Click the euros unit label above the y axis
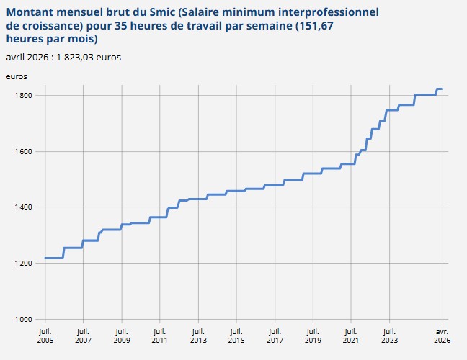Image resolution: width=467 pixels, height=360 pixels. point(17,76)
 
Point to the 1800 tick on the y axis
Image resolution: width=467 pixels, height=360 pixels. point(25,96)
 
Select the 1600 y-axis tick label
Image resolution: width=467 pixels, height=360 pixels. point(25,152)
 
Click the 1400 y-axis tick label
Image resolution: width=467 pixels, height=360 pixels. point(25,207)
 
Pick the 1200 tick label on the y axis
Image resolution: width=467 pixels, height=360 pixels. point(25,264)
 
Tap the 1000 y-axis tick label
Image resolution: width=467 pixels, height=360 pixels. point(25,319)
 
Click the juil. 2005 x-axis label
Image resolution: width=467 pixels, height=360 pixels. point(45,335)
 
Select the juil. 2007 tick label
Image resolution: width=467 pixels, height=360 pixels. point(83,335)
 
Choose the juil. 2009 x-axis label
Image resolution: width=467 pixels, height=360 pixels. point(121,335)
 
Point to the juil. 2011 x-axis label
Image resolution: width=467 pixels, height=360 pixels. point(159,335)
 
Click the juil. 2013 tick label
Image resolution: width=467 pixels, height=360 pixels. point(197,335)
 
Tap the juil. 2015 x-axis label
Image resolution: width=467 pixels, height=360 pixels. point(236,335)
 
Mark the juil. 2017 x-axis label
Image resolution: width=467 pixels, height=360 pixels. point(274,335)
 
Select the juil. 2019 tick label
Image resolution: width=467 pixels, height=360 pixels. point(312,335)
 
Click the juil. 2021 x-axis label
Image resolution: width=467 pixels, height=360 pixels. point(350,335)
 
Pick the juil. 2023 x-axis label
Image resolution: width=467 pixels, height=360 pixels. point(388,335)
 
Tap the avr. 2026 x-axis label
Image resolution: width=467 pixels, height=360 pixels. point(442,335)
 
